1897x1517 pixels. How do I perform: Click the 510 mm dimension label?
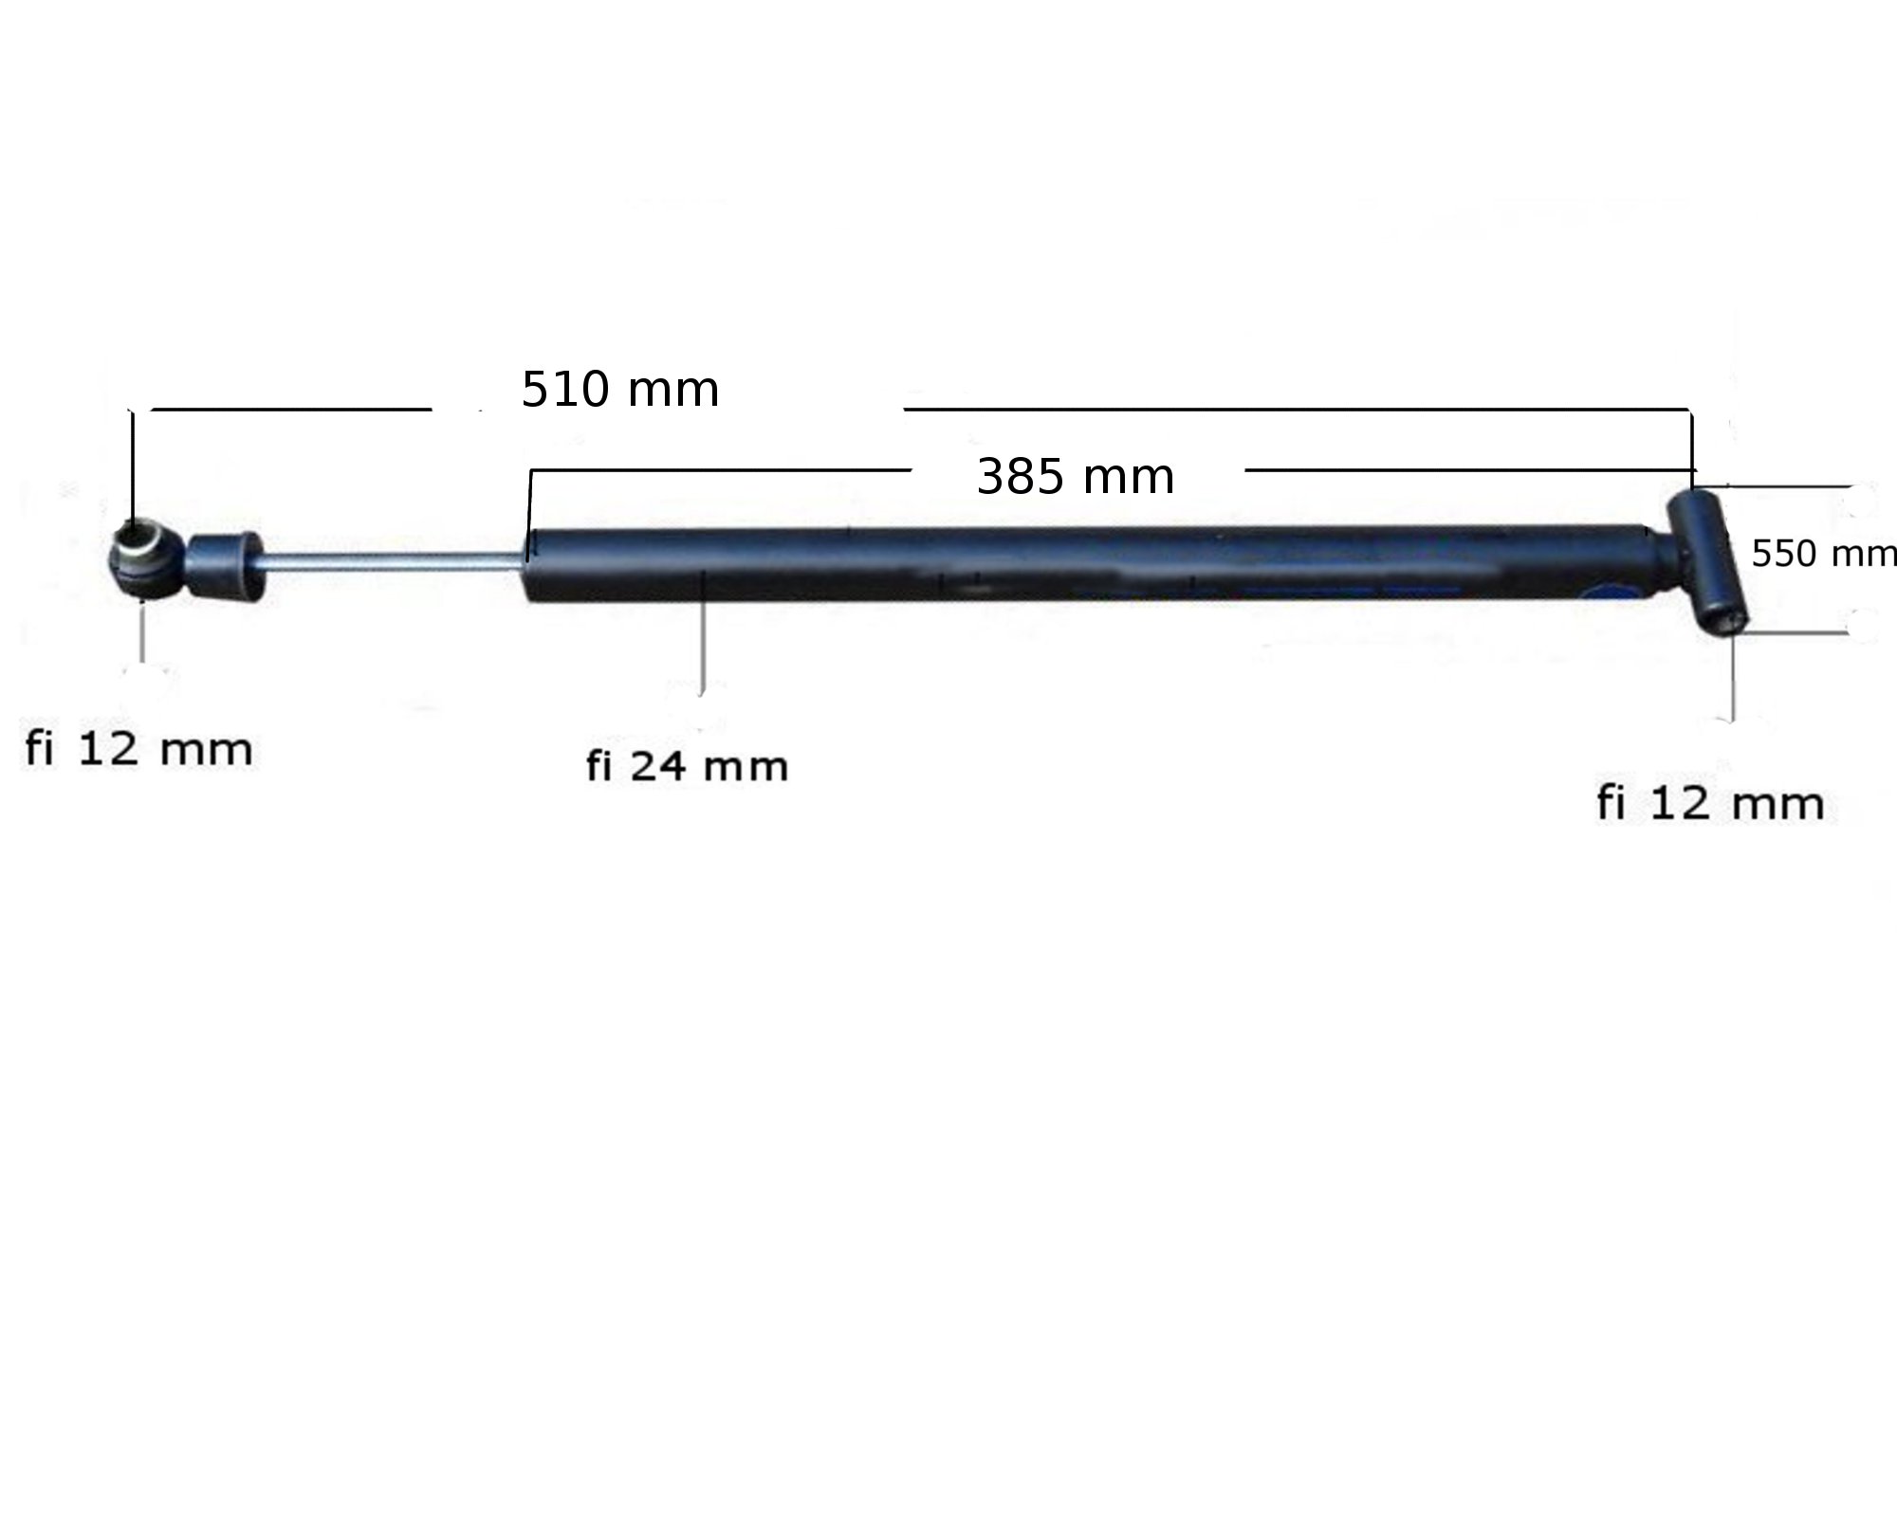point(620,390)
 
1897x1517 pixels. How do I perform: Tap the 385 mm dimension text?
point(1076,476)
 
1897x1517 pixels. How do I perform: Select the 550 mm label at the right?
point(1823,554)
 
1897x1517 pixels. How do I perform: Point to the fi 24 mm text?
point(687,766)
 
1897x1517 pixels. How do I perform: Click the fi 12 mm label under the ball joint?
point(138,749)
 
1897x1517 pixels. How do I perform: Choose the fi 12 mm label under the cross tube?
point(1710,804)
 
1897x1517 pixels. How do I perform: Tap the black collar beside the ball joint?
point(224,566)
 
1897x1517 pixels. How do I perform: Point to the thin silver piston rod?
point(393,561)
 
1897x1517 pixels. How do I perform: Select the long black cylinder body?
point(1091,565)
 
